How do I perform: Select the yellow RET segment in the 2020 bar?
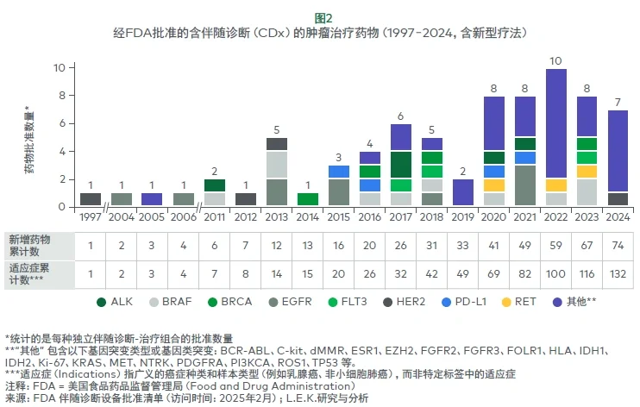tap(493, 185)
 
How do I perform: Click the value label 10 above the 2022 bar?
tap(556, 60)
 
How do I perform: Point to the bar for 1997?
tap(91, 199)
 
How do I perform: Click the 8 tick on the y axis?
tap(59, 95)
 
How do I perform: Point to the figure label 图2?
tap(320, 16)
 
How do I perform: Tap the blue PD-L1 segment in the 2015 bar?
tap(338, 172)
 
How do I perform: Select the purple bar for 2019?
tap(462, 192)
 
